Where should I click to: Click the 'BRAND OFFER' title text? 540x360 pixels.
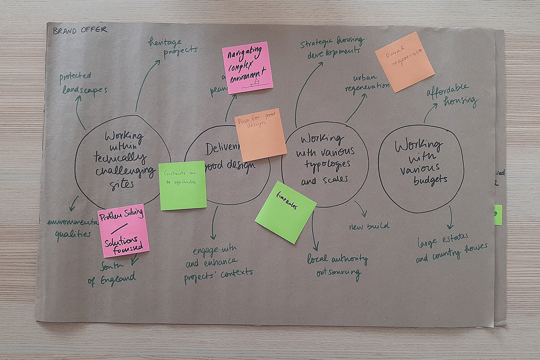pyautogui.click(x=80, y=30)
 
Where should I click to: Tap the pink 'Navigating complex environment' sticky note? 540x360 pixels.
pyautogui.click(x=247, y=67)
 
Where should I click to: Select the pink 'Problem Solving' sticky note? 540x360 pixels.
pyautogui.click(x=123, y=230)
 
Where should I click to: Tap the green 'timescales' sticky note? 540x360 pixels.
pyautogui.click(x=285, y=212)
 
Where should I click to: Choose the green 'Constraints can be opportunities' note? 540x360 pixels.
pyautogui.click(x=183, y=185)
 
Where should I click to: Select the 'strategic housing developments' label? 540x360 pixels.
pyautogui.click(x=332, y=47)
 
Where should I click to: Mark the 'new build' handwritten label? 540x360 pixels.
pyautogui.click(x=369, y=226)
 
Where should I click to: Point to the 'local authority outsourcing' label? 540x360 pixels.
pyautogui.click(x=337, y=264)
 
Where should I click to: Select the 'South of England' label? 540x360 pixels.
pyautogui.click(x=112, y=274)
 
